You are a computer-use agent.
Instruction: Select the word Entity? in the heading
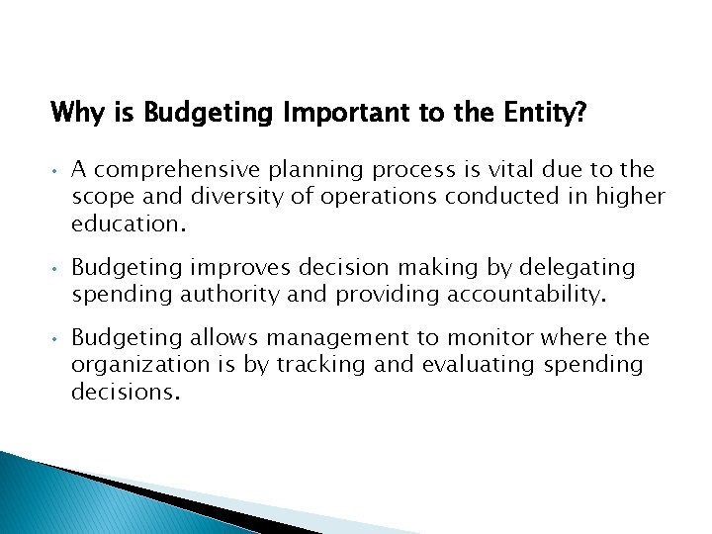(x=542, y=114)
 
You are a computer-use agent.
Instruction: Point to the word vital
(x=519, y=170)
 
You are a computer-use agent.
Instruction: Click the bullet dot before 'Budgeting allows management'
(x=57, y=339)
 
